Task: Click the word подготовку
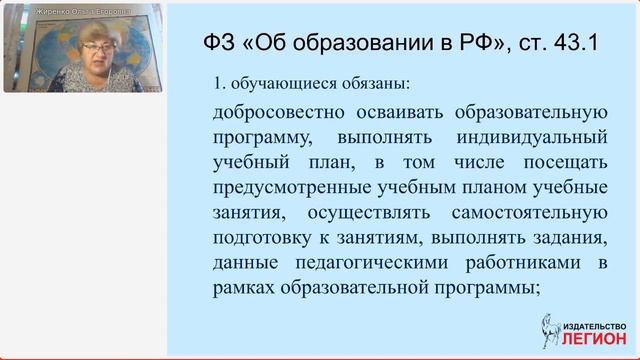259,240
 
